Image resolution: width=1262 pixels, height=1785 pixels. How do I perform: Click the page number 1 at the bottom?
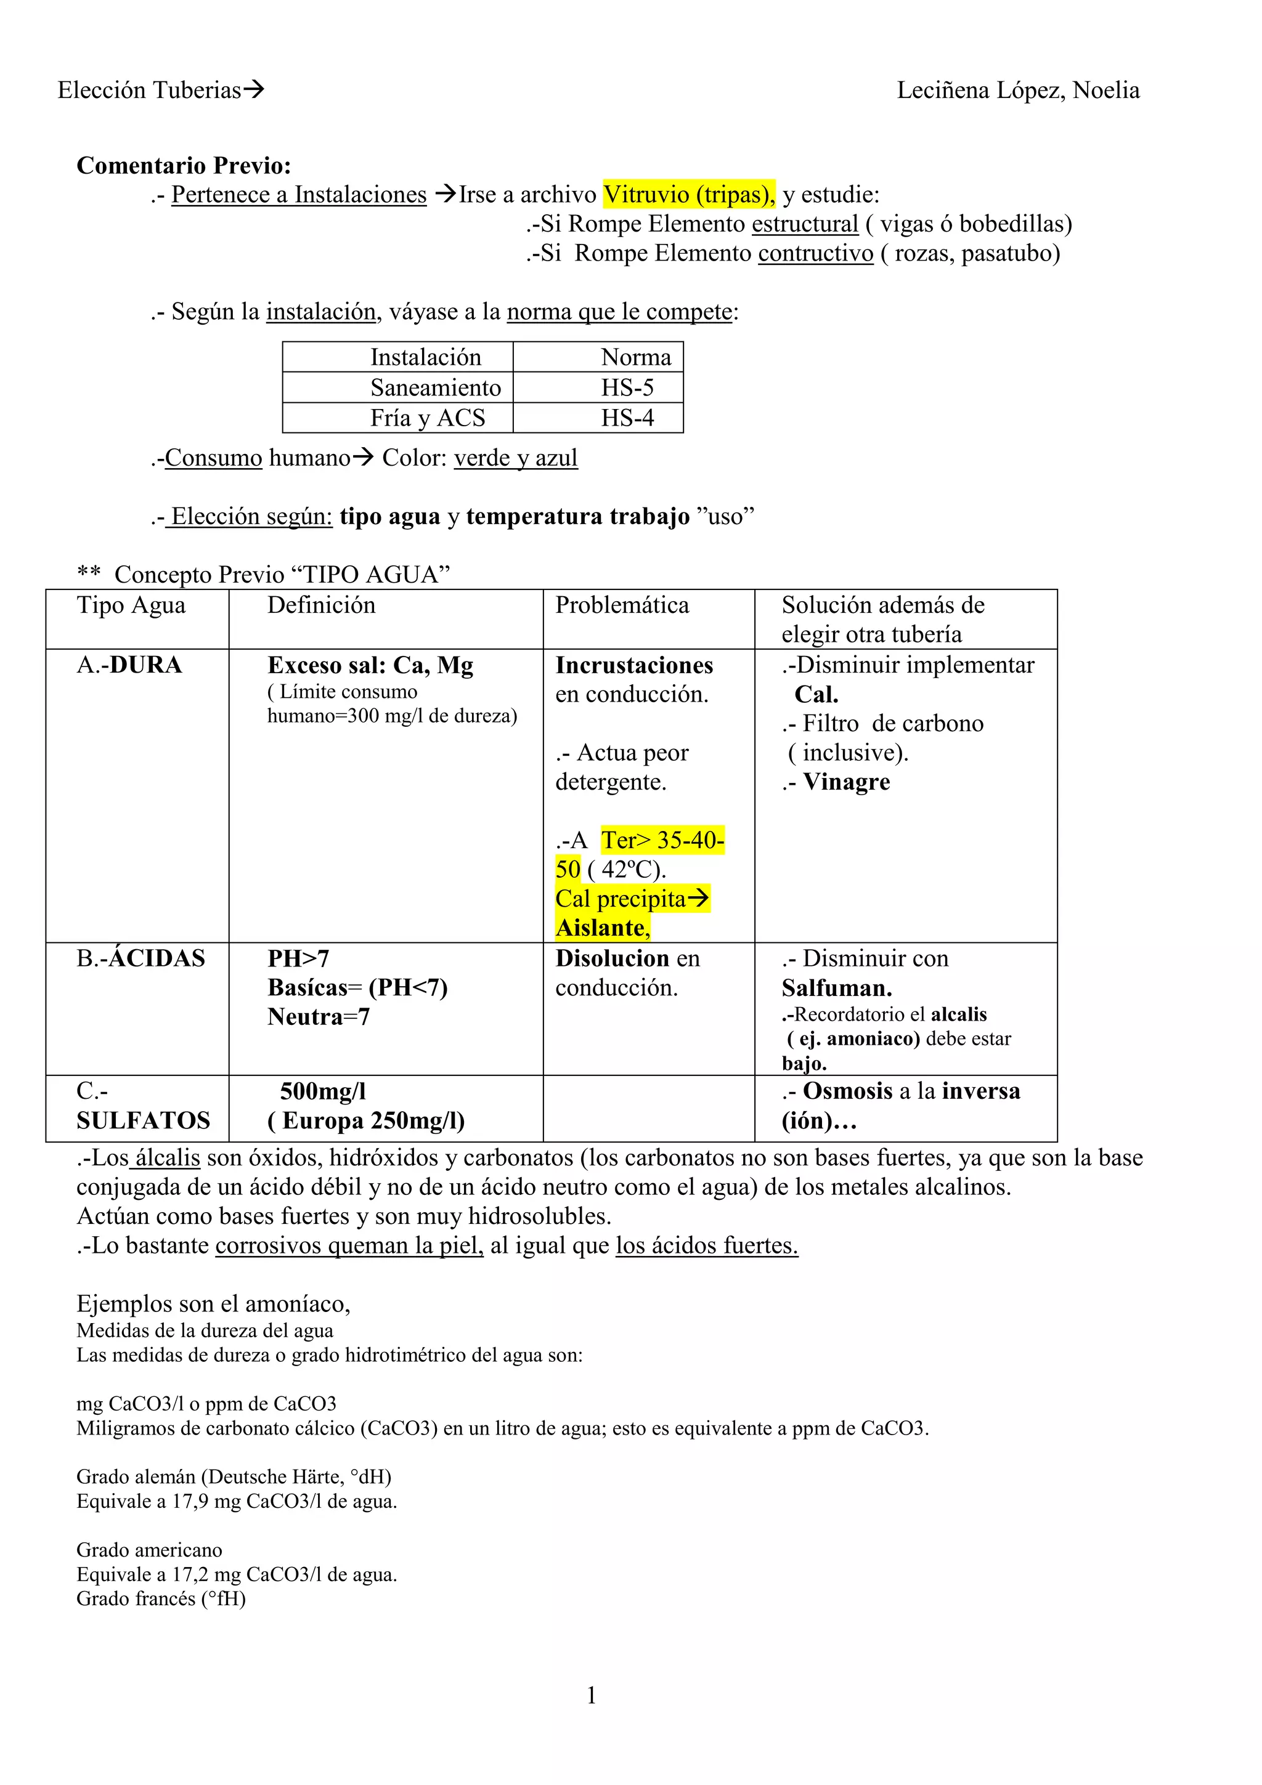[591, 1695]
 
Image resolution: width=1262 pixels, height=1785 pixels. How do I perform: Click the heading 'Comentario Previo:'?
[184, 166]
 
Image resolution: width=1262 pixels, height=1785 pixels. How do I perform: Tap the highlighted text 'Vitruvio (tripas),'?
[689, 195]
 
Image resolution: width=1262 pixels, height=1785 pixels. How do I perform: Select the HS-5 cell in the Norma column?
[627, 387]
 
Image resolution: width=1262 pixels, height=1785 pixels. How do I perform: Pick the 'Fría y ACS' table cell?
[428, 418]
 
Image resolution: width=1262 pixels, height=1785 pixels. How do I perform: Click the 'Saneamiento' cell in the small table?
[436, 387]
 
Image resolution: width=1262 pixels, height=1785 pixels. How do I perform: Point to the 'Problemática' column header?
[622, 605]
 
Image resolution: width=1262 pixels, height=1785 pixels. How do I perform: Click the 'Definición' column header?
[321, 605]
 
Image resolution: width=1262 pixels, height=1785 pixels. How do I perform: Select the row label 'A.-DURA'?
[129, 665]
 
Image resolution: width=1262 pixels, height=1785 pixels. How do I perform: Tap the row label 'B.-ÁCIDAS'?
[140, 958]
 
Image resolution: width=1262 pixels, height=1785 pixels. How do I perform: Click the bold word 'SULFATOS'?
[143, 1121]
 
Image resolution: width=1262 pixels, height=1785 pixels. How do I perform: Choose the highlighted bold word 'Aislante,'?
[603, 928]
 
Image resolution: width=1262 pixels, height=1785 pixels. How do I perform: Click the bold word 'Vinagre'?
[846, 782]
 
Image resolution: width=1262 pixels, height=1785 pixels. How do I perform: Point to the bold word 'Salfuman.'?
[837, 988]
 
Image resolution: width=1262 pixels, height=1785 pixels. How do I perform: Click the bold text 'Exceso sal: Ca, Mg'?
[370, 665]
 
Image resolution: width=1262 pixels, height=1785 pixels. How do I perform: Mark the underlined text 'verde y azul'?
[516, 458]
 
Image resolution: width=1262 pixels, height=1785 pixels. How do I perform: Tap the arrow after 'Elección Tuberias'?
[253, 90]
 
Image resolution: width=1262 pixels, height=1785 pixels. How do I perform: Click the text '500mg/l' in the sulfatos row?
[323, 1091]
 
